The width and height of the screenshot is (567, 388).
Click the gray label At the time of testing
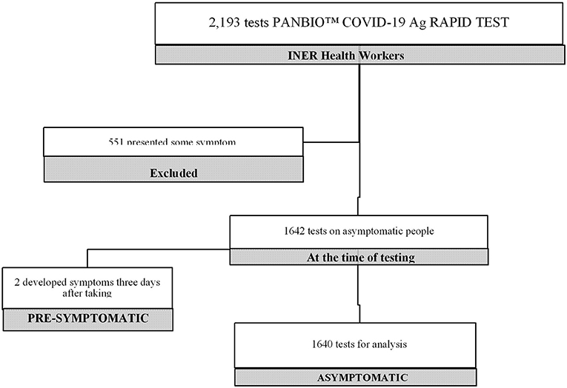[359, 257]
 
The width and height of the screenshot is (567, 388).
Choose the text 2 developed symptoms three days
[87, 282]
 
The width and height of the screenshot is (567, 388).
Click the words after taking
[87, 294]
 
